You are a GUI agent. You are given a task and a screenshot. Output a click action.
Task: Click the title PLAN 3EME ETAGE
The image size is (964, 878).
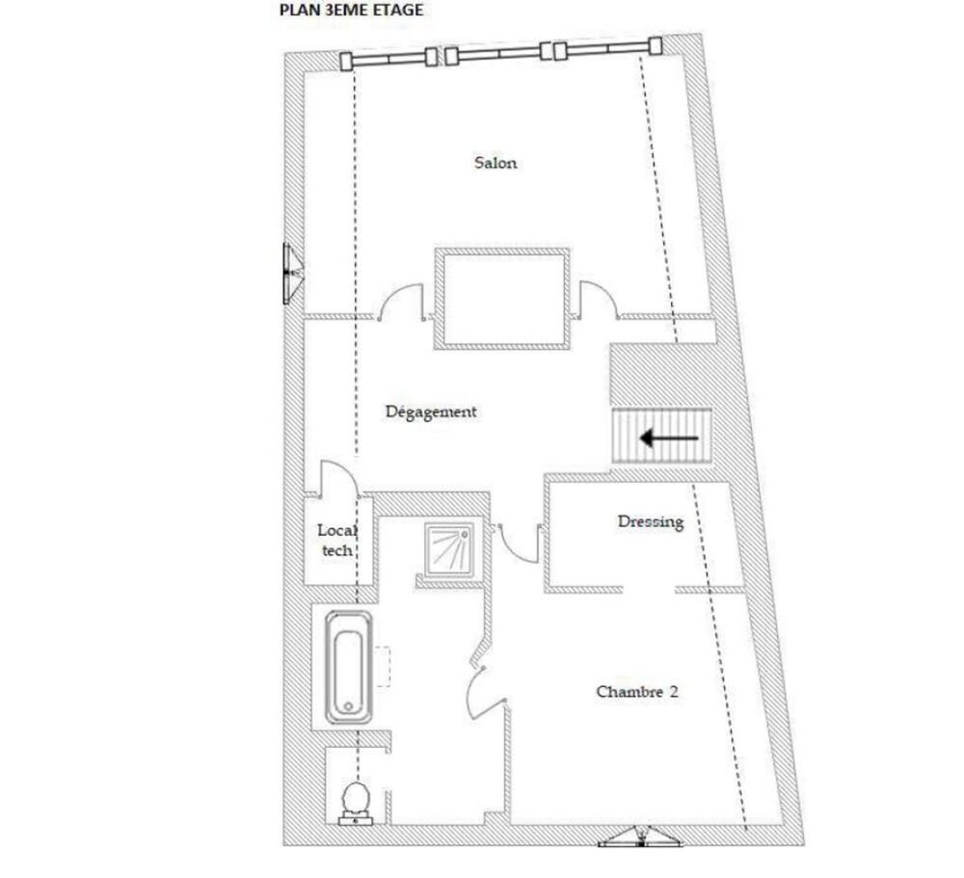[350, 12]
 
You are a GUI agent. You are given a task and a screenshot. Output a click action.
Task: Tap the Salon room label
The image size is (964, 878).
[495, 163]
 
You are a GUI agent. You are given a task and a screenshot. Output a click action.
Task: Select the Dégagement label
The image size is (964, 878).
[431, 412]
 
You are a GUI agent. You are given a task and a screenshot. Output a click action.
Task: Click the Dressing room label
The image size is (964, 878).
[651, 521]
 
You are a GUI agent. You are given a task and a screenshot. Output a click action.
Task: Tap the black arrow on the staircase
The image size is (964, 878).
[669, 439]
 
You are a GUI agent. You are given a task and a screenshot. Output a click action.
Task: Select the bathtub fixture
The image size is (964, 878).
[348, 666]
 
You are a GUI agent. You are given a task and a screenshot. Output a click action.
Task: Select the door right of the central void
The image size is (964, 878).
[598, 297]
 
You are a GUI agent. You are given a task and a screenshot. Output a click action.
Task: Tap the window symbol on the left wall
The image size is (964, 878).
[289, 273]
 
